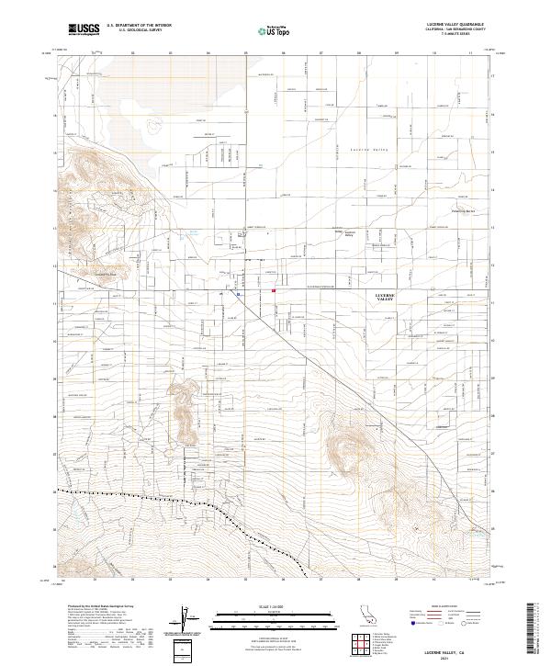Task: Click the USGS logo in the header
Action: pyautogui.click(x=84, y=30)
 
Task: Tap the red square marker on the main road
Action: pyautogui.click(x=274, y=291)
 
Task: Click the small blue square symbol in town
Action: pyautogui.click(x=238, y=295)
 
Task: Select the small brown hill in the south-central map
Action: pyautogui.click(x=183, y=404)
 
